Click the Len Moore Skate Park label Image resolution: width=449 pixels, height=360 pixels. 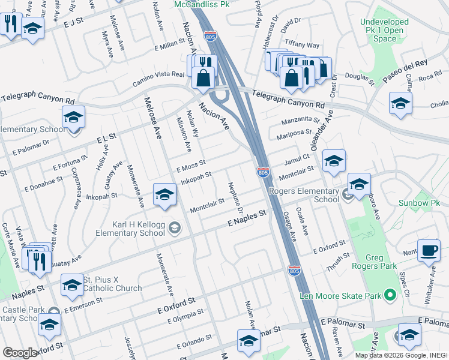pos(340,296)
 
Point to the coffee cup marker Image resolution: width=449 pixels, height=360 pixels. pos(429,250)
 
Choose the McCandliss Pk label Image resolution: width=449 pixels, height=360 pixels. pos(202,4)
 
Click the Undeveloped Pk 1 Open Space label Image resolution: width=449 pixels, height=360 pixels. pos(384,30)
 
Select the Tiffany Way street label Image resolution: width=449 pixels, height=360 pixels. pos(303,45)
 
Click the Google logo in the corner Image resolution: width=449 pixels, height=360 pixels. pos(20,353)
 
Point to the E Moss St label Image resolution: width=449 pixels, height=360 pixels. pos(191,166)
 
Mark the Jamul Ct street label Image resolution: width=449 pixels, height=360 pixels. pos(296,159)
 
